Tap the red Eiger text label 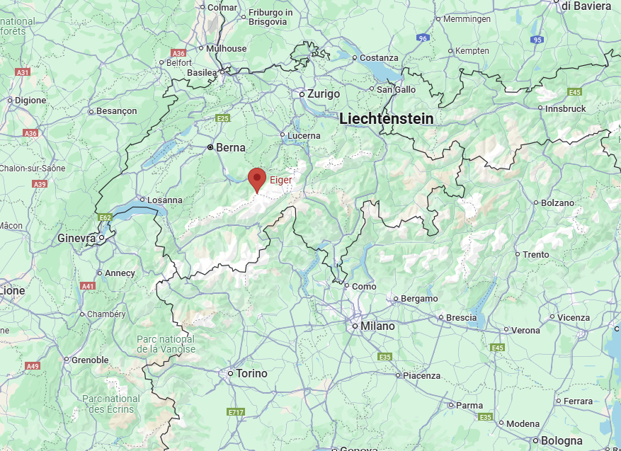pos(280,181)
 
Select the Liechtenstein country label pos(386,119)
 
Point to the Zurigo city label pos(324,94)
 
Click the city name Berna pos(230,148)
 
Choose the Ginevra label pos(76,239)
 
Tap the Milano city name pos(377,326)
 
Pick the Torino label pos(252,373)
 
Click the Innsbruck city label pos(566,109)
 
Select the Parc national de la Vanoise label pos(166,344)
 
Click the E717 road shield pos(236,411)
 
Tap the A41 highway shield pos(88,286)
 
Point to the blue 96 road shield pos(423,38)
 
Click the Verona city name pos(525,330)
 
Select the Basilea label pos(202,73)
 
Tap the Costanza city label pos(379,58)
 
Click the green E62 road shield pos(106,217)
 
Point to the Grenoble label pos(91,360)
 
